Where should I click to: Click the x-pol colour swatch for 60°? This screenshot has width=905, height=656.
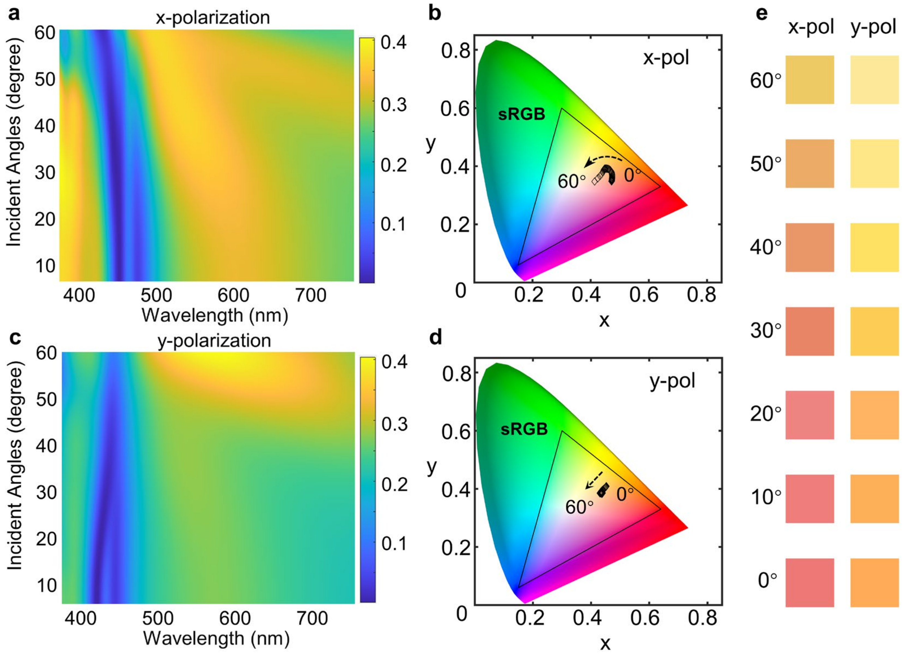coord(810,80)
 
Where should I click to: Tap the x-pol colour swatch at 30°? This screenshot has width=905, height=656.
coord(810,331)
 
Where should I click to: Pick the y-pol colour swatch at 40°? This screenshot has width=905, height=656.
coord(874,248)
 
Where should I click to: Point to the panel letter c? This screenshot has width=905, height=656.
coord(15,338)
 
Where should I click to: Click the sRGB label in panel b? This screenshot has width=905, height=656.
coord(522,115)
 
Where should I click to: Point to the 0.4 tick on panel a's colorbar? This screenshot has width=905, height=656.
coord(394,42)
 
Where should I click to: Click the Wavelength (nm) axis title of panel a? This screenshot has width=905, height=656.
coord(215,316)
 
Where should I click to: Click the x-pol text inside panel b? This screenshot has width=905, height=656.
coord(666,58)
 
